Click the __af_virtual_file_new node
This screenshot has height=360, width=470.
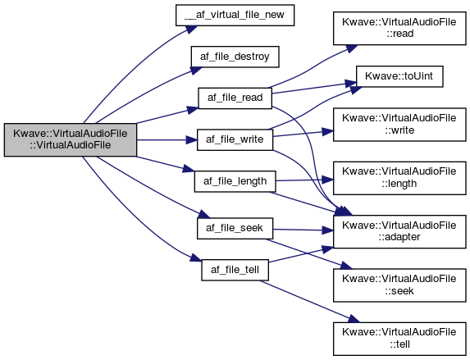click(x=235, y=15)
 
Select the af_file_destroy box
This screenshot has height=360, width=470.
click(x=235, y=57)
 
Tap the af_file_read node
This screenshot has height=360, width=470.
click(x=235, y=98)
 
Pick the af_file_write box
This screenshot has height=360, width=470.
click(x=235, y=139)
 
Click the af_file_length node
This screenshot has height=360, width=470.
click(x=235, y=181)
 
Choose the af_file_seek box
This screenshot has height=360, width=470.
click(x=235, y=229)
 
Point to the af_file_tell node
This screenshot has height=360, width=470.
click(x=235, y=270)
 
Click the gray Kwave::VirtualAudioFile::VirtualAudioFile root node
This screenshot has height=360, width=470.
click(x=71, y=139)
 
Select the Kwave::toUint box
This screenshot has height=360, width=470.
click(x=399, y=76)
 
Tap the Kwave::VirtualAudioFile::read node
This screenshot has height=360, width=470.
click(x=399, y=28)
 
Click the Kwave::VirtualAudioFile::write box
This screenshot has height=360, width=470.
click(x=399, y=125)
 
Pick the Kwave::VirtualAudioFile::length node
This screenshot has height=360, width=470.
click(x=399, y=178)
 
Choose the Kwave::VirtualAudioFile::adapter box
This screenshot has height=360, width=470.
click(x=399, y=231)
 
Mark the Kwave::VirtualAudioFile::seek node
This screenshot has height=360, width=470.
click(x=399, y=285)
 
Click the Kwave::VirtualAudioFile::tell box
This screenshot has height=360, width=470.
click(x=399, y=339)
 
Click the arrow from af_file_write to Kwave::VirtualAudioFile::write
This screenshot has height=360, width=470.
click(x=303, y=134)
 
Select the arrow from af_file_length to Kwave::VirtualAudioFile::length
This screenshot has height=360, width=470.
click(x=304, y=180)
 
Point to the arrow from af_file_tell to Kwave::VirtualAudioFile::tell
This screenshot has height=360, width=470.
click(x=309, y=301)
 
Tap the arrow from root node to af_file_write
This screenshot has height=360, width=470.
click(x=167, y=139)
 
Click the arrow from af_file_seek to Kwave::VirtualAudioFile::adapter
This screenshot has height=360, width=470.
click(x=303, y=230)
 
